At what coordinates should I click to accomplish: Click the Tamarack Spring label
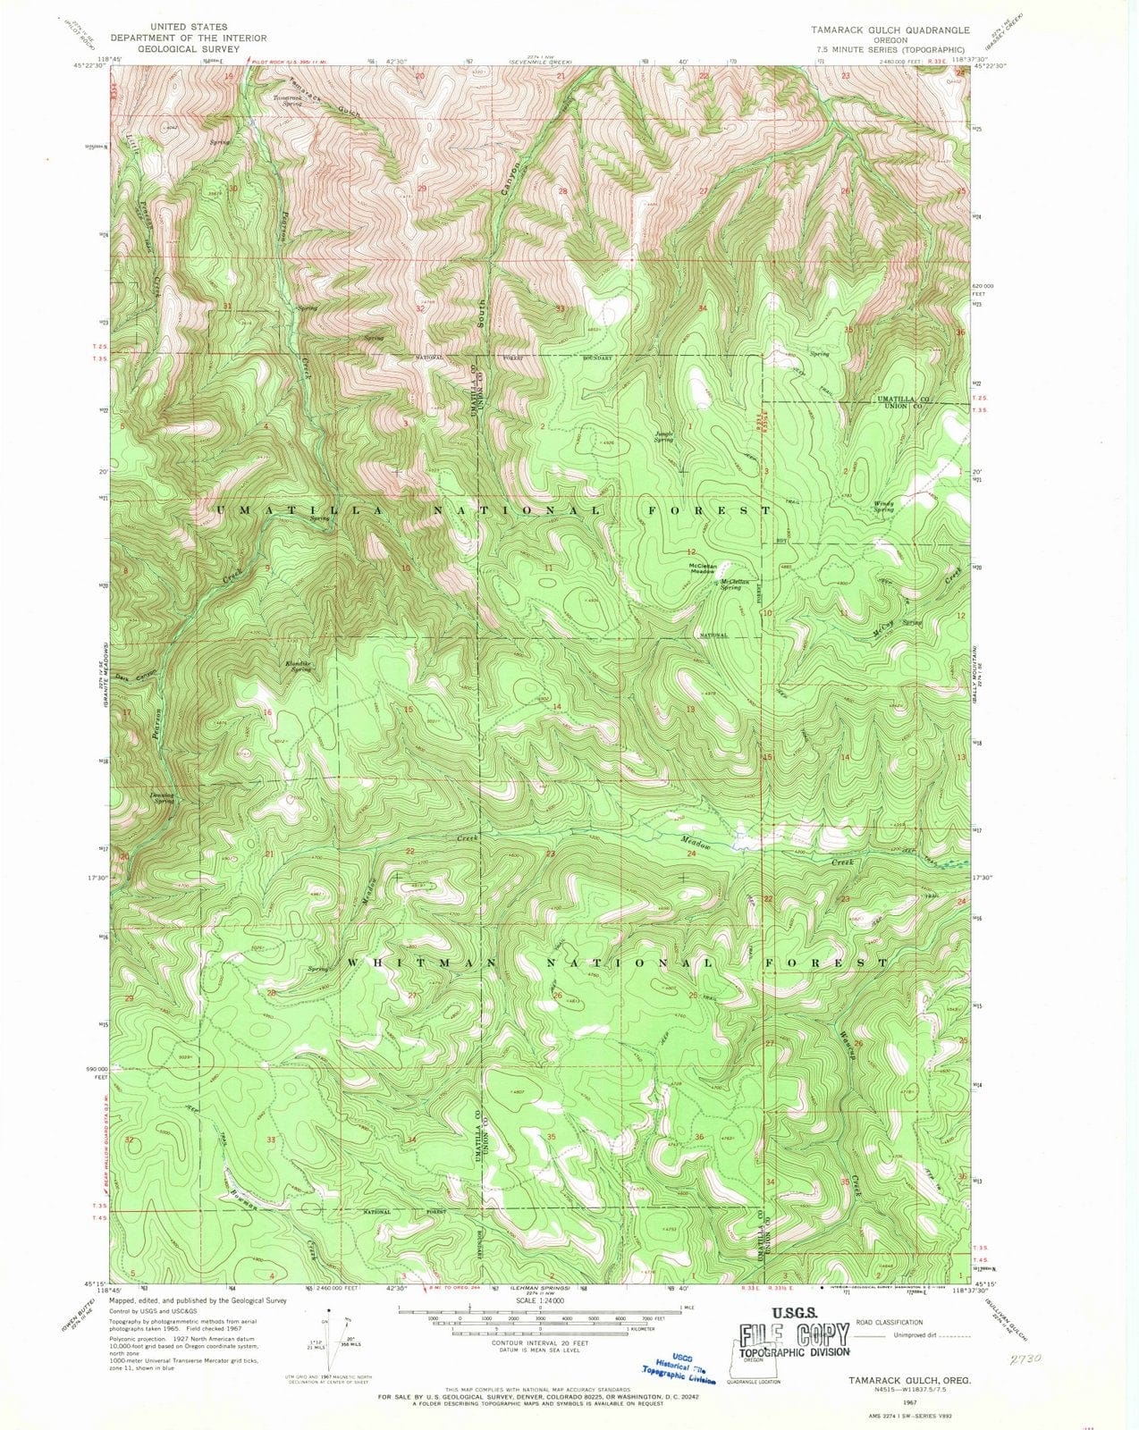pyautogui.click(x=287, y=100)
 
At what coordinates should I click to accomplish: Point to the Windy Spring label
pyautogui.click(x=883, y=506)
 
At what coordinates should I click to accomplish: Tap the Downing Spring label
pyautogui.click(x=163, y=797)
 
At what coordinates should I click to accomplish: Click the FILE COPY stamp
pyautogui.click(x=794, y=1335)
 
